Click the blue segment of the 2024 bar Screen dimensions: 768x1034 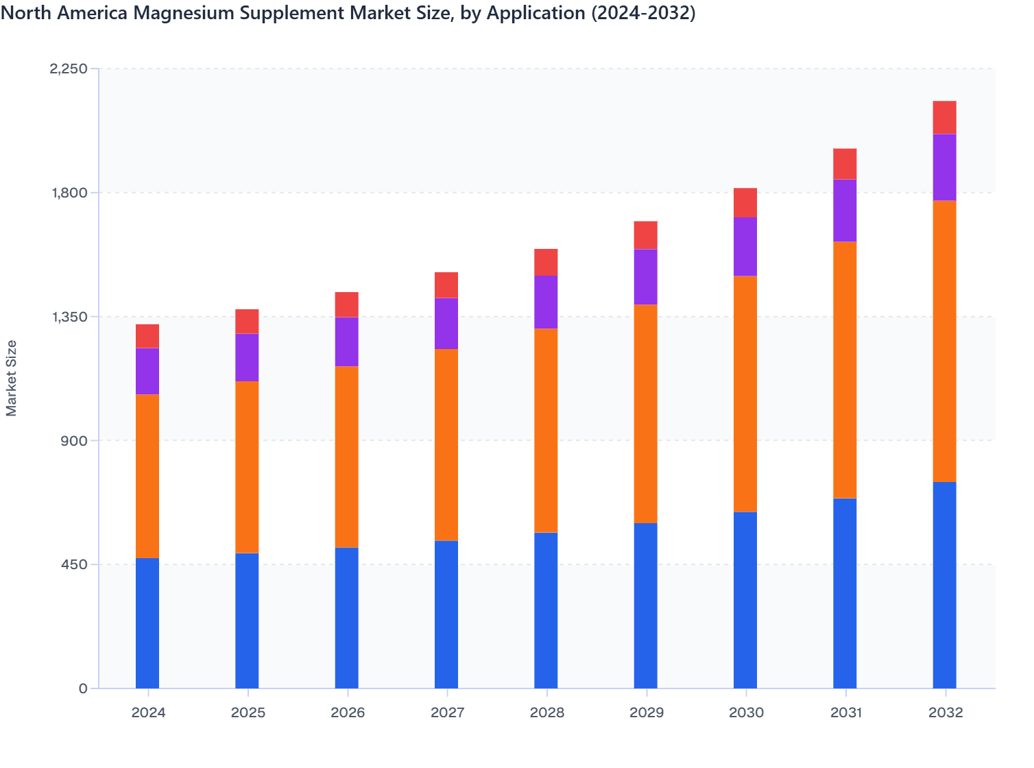click(147, 623)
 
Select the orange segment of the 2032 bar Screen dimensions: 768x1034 click(944, 341)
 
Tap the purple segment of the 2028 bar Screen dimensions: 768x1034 click(546, 302)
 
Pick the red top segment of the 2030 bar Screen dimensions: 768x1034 click(745, 202)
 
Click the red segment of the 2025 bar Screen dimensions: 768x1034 click(247, 321)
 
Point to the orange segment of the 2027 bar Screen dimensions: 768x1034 click(446, 444)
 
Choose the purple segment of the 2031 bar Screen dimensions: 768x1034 click(845, 210)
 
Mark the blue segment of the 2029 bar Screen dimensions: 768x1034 click(645, 605)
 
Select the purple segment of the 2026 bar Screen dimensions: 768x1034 click(347, 341)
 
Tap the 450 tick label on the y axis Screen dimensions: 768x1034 click(75, 564)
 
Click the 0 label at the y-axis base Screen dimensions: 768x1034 click(83, 688)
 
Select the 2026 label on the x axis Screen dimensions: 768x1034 click(347, 713)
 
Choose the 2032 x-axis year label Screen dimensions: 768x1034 click(945, 713)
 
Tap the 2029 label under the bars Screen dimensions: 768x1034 click(646, 713)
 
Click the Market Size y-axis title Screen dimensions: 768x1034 click(12, 378)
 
